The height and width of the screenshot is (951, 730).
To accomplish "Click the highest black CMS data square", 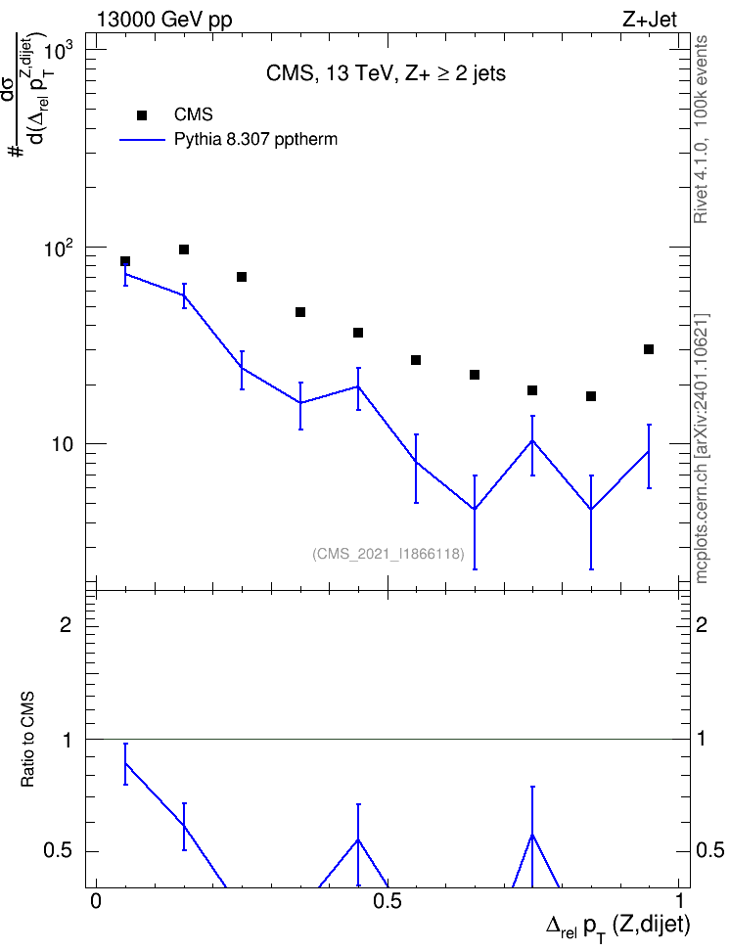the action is (184, 249).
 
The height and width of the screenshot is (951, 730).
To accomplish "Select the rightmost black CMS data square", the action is (649, 349).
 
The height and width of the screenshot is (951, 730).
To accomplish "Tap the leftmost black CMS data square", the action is (125, 261).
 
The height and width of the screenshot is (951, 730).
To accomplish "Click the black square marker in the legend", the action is (141, 114).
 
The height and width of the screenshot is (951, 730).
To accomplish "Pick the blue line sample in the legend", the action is (142, 140).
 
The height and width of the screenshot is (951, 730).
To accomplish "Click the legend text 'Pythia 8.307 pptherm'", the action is (255, 140).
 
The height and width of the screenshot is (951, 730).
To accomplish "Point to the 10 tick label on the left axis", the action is (62, 444).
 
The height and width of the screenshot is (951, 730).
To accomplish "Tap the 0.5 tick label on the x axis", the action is (388, 901).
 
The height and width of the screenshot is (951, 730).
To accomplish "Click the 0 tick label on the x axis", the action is (95, 901).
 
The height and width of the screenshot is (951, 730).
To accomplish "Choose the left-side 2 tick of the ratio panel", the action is (67, 624).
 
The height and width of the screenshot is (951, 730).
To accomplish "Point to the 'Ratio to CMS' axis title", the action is (27, 740).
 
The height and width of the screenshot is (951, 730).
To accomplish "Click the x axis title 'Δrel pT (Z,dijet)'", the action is (617, 927).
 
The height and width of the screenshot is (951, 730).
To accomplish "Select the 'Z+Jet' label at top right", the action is (649, 20).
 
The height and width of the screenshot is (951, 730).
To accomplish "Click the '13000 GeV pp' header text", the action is (164, 21).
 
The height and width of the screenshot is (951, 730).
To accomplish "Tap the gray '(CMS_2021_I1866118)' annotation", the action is (388, 554).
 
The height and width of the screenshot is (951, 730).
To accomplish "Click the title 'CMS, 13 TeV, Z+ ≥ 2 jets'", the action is (386, 73).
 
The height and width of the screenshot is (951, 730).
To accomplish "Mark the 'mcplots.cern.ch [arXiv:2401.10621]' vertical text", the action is (702, 448).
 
